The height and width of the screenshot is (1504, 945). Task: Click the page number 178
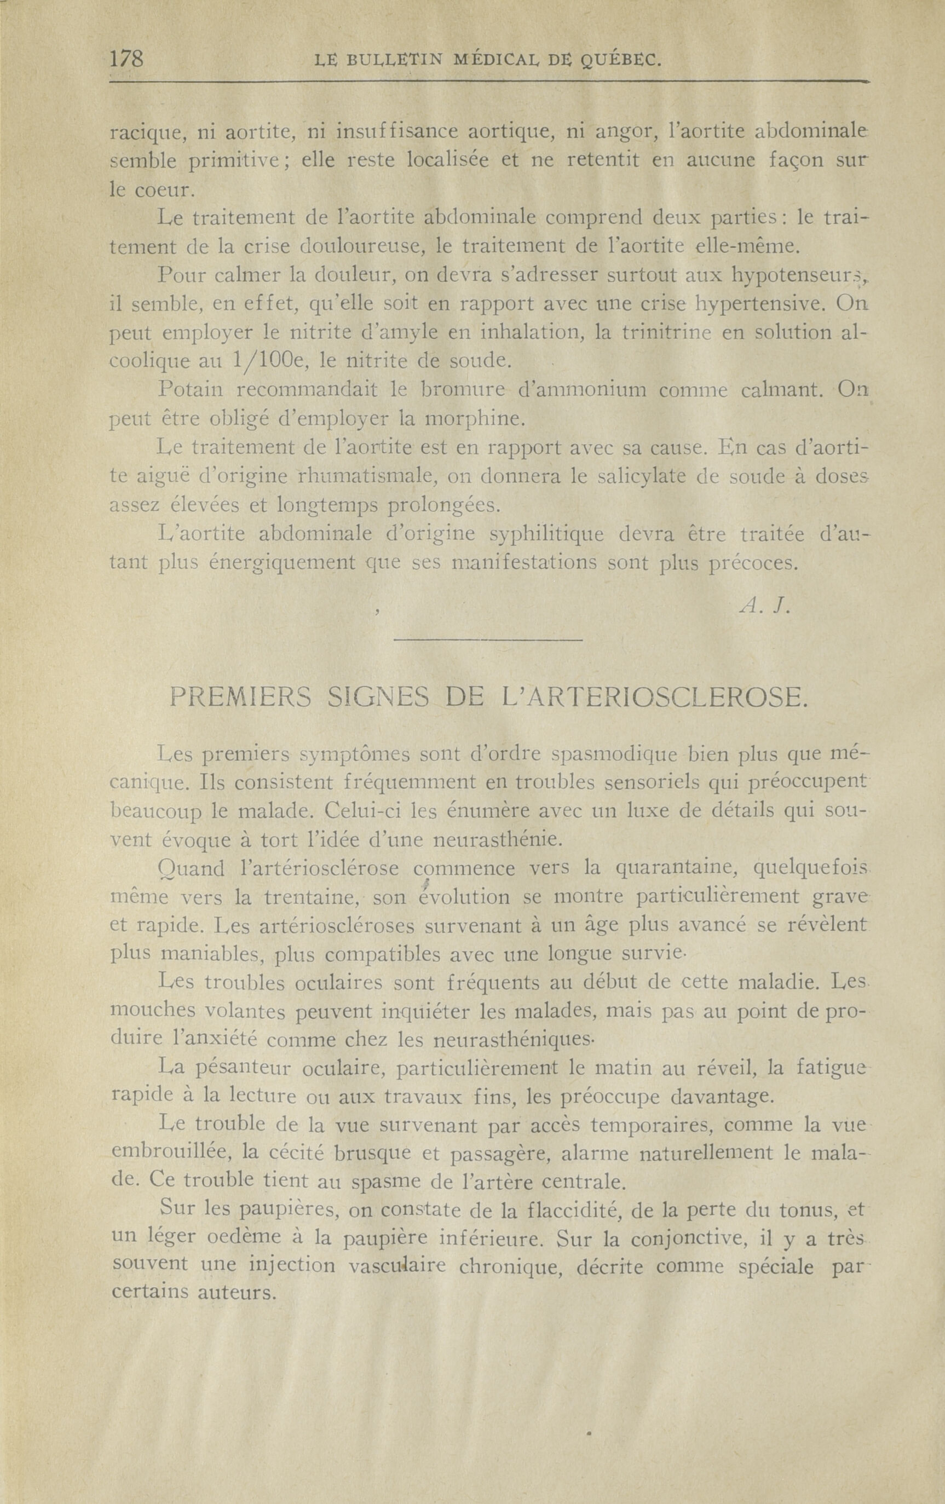[x=127, y=59]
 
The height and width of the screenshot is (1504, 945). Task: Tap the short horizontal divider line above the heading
[x=488, y=639]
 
